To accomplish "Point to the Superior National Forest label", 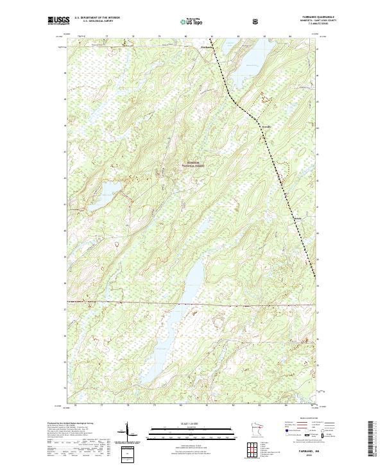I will click(198, 164).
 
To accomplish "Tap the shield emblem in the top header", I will click(257, 21).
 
